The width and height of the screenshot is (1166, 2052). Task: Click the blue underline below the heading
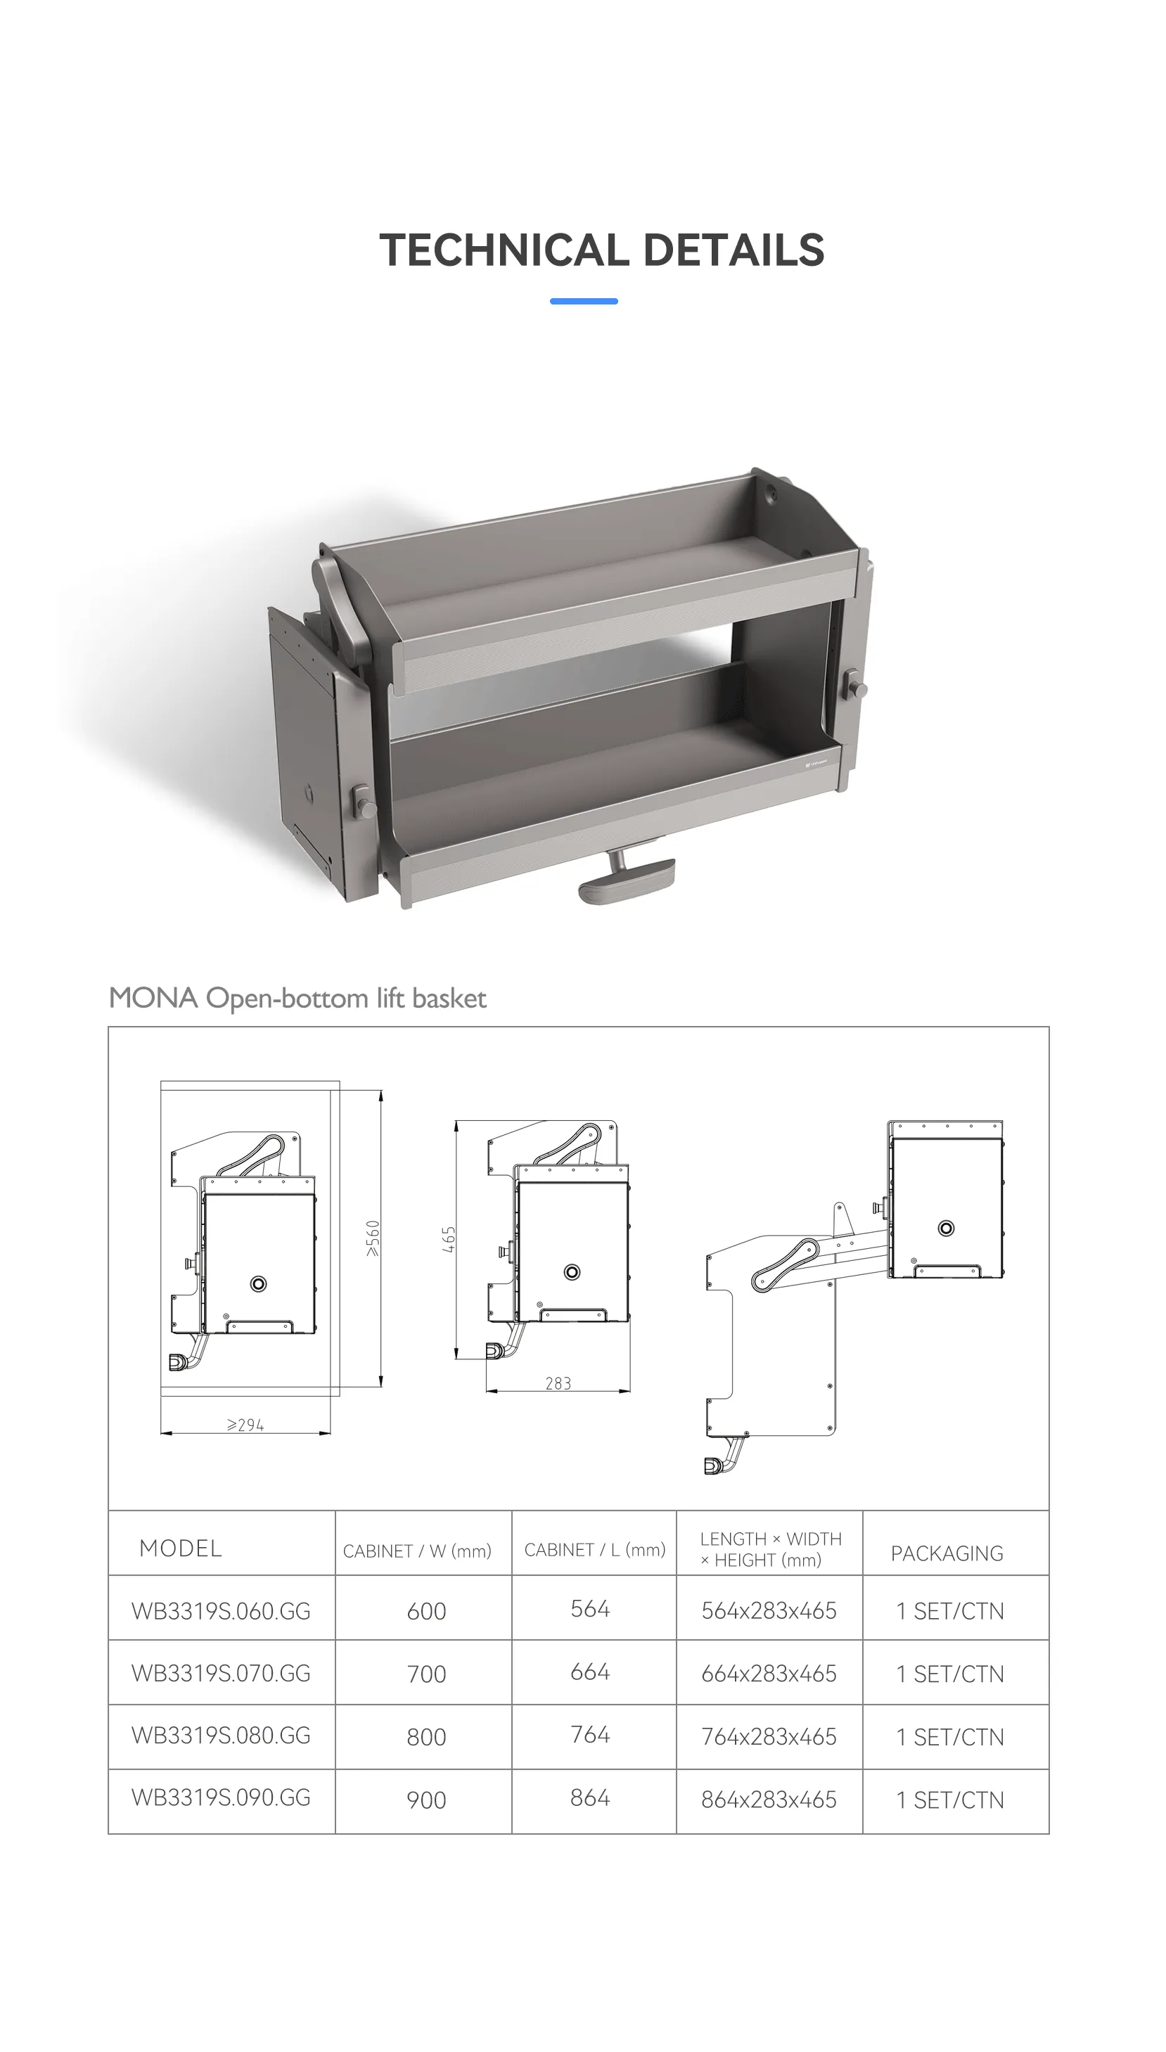pyautogui.click(x=584, y=301)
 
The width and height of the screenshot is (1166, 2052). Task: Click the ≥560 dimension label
pyautogui.click(x=373, y=1238)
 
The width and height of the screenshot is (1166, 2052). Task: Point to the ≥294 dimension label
pyautogui.click(x=245, y=1425)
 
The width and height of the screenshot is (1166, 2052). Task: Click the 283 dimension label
pyautogui.click(x=558, y=1383)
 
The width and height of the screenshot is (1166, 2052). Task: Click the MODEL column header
pyautogui.click(x=180, y=1548)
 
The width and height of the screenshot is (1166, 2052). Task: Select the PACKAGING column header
pyautogui.click(x=947, y=1553)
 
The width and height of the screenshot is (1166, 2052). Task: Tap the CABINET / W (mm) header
pyautogui.click(x=417, y=1551)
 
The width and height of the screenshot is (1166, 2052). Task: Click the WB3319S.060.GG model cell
pyautogui.click(x=221, y=1611)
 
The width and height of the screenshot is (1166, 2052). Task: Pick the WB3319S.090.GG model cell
pyautogui.click(x=221, y=1797)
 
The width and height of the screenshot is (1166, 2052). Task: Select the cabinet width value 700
pyautogui.click(x=426, y=1674)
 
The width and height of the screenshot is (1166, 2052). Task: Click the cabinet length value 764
pyautogui.click(x=590, y=1734)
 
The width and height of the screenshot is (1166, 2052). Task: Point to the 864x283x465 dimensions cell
pyautogui.click(x=769, y=1800)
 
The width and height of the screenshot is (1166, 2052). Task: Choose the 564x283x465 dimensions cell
pyautogui.click(x=769, y=1611)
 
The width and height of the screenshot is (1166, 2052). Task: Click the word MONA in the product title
pyautogui.click(x=153, y=998)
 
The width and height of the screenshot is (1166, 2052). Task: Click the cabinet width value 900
pyautogui.click(x=426, y=1800)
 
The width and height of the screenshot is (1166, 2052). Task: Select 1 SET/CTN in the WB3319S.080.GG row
pyautogui.click(x=950, y=1736)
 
